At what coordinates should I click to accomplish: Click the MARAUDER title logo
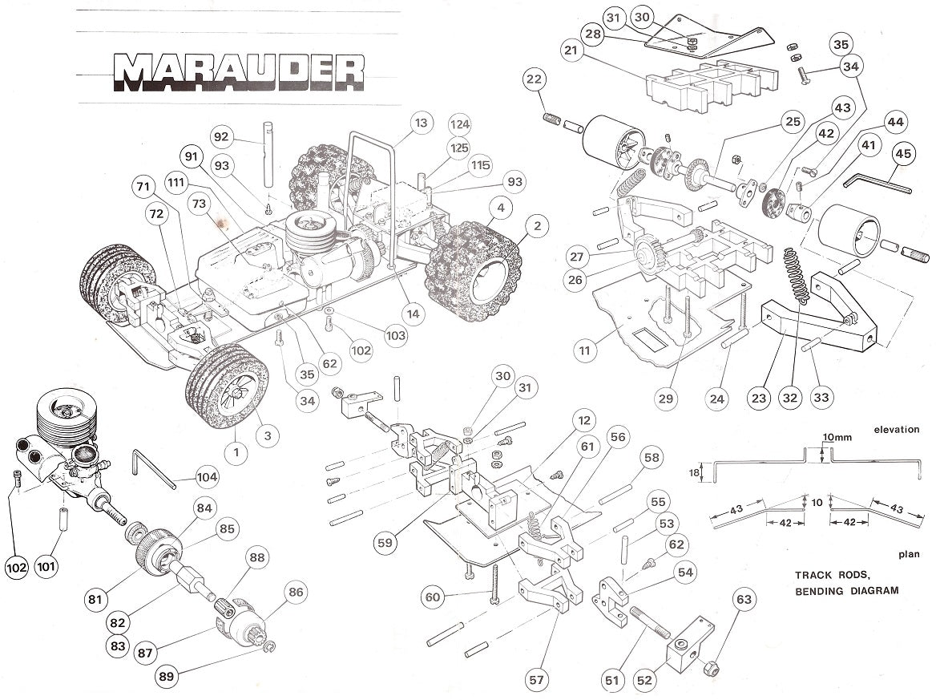coord(239,71)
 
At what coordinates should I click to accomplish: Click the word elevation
coord(896,430)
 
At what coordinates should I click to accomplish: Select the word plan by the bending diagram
coord(908,553)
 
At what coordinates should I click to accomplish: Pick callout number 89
coord(167,676)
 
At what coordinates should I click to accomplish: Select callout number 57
coord(536,680)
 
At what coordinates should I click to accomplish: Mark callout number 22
coord(535,79)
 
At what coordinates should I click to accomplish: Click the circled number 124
coord(460,125)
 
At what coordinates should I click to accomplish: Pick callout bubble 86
coord(296,593)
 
